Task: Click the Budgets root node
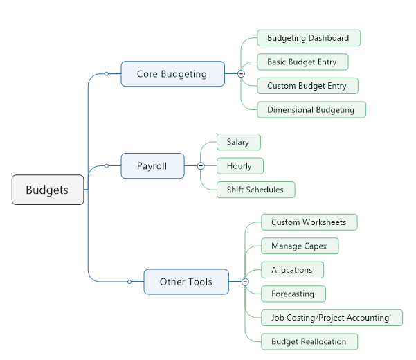48,190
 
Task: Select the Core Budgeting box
172,74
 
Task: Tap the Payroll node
152,166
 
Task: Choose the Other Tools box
186,282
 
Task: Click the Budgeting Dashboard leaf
308,38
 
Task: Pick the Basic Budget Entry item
302,62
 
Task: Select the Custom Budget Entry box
307,86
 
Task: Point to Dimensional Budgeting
311,109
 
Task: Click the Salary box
238,142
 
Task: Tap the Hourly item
239,166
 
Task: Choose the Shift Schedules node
255,190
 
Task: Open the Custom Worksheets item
309,222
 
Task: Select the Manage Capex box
299,246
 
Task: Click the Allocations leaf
292,270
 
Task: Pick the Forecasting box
293,294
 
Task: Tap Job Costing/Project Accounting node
332,318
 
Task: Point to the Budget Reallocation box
309,341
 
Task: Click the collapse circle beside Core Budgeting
241,73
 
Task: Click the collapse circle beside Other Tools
245,282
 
